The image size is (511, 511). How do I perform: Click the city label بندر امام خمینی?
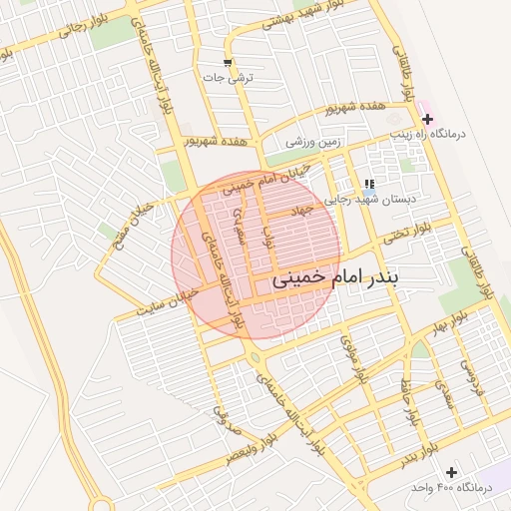tap(335, 281)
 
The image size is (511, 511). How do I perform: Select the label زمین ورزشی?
tap(313, 142)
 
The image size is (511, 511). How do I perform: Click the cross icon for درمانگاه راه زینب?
tap(428, 119)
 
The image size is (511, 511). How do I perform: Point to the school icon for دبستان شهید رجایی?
tap(369, 184)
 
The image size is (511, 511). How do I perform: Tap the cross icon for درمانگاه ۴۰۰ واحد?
tap(451, 471)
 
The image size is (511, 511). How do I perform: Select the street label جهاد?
tap(300, 211)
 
